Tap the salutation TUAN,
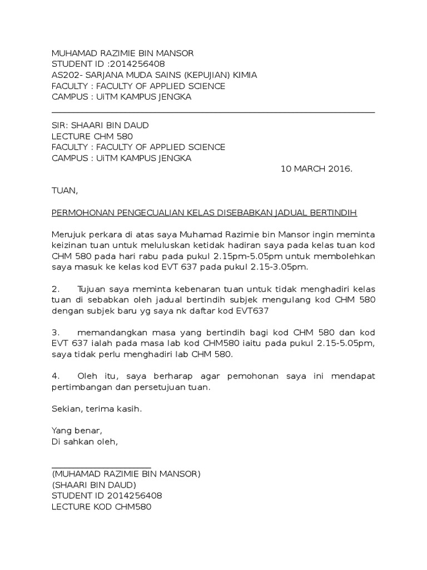coord(65,190)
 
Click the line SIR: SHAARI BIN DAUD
coord(100,125)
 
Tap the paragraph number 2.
coord(54,289)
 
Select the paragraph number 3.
coord(54,332)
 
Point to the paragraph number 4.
coord(54,376)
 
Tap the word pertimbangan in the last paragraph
coord(78,387)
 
